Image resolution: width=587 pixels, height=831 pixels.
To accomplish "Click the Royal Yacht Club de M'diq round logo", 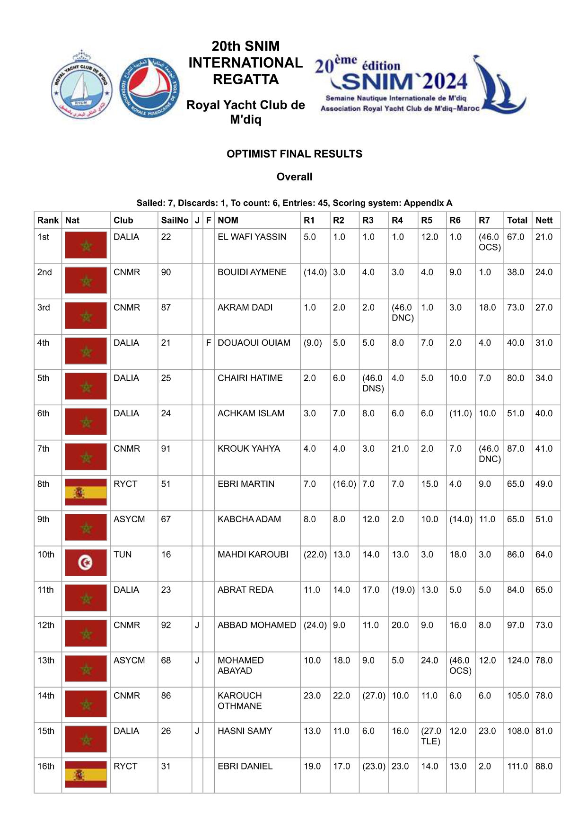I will (81, 85).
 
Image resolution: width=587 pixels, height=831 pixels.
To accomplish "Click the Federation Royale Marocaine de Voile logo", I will (149, 88).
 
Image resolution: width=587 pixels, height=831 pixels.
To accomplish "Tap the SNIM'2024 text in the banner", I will (404, 81).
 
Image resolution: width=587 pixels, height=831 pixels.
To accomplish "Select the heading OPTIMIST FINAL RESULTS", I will (294, 154).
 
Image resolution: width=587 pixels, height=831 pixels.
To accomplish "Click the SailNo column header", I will (175, 220).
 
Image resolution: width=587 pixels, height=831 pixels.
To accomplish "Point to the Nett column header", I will (544, 220).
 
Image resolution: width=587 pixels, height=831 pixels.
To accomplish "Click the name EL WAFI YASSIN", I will (252, 237).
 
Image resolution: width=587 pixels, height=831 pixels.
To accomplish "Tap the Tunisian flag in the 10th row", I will (86, 563).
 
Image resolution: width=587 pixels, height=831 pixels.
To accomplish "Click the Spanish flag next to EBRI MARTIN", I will (86, 492).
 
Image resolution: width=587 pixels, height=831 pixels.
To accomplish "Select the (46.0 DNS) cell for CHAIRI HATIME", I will (373, 383).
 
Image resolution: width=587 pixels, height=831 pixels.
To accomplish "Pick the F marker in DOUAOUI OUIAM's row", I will (209, 343).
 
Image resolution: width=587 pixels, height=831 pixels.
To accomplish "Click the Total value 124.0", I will (517, 661).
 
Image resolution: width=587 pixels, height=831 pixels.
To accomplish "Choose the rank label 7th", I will (44, 449).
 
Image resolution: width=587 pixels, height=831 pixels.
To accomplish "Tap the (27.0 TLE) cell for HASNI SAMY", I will (431, 736).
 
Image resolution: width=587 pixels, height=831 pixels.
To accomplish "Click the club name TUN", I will (123, 554).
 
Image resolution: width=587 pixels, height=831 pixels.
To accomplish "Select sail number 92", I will (166, 625).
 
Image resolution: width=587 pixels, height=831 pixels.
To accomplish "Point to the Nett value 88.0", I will (544, 766).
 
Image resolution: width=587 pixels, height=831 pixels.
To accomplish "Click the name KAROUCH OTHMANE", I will (240, 701).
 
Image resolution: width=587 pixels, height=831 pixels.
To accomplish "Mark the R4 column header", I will (397, 220).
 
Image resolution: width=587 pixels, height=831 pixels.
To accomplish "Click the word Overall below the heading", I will (294, 177).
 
